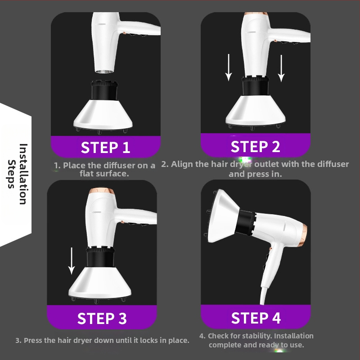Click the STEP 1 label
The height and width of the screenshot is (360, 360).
(x=105, y=147)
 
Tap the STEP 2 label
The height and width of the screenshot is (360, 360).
(x=255, y=146)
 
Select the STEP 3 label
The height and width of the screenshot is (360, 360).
(x=102, y=318)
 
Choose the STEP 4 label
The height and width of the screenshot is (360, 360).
(x=256, y=318)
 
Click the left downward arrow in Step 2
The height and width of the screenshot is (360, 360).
(x=229, y=67)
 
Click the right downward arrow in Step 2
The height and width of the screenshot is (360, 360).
(x=281, y=68)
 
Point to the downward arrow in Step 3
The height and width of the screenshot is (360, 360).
(x=72, y=261)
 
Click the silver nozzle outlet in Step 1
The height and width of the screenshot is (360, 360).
(x=104, y=71)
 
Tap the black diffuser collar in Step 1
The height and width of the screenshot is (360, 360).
(x=104, y=90)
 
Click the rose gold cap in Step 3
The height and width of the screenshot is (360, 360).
(x=102, y=191)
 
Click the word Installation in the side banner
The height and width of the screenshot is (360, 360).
(x=23, y=174)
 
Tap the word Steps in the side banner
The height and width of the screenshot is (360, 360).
(x=12, y=174)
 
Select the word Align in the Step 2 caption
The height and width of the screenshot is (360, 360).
(x=178, y=164)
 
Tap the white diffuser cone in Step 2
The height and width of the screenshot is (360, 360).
(x=256, y=111)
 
